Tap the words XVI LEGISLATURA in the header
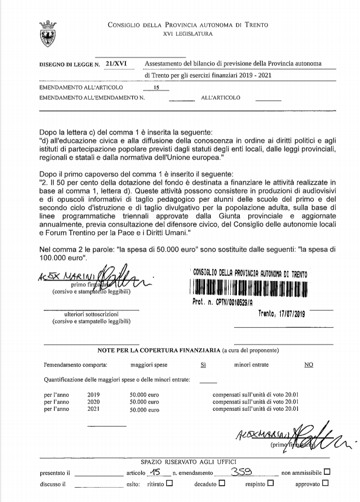tap(188, 34)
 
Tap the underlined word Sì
tap(203, 365)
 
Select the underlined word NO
tap(309, 365)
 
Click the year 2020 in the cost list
tap(93, 402)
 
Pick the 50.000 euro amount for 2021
tap(144, 409)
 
